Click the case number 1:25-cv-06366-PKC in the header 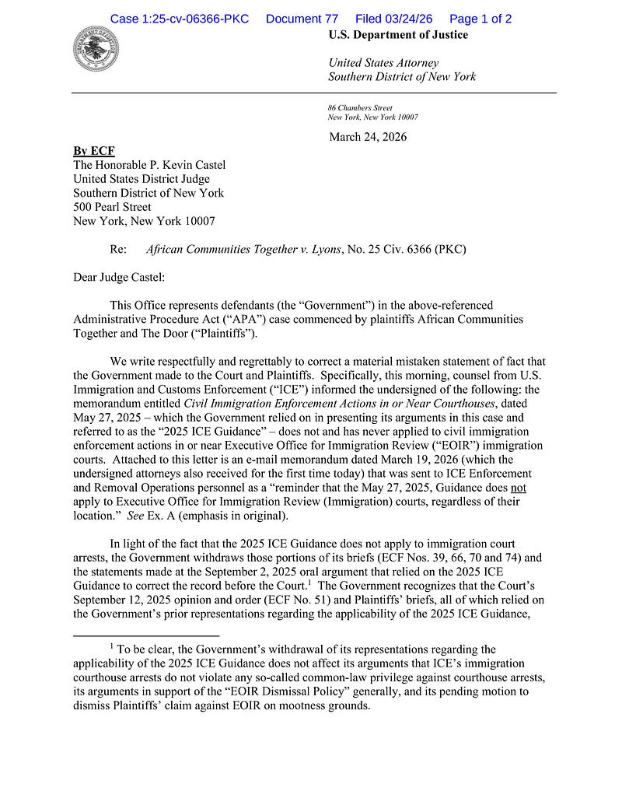click(x=180, y=19)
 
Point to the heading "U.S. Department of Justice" click(x=398, y=35)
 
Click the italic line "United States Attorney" click(x=383, y=62)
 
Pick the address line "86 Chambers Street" click(x=360, y=107)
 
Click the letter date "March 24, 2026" click(x=368, y=137)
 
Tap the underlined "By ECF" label click(x=93, y=150)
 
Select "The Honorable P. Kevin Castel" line click(x=149, y=165)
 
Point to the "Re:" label click(x=119, y=249)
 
